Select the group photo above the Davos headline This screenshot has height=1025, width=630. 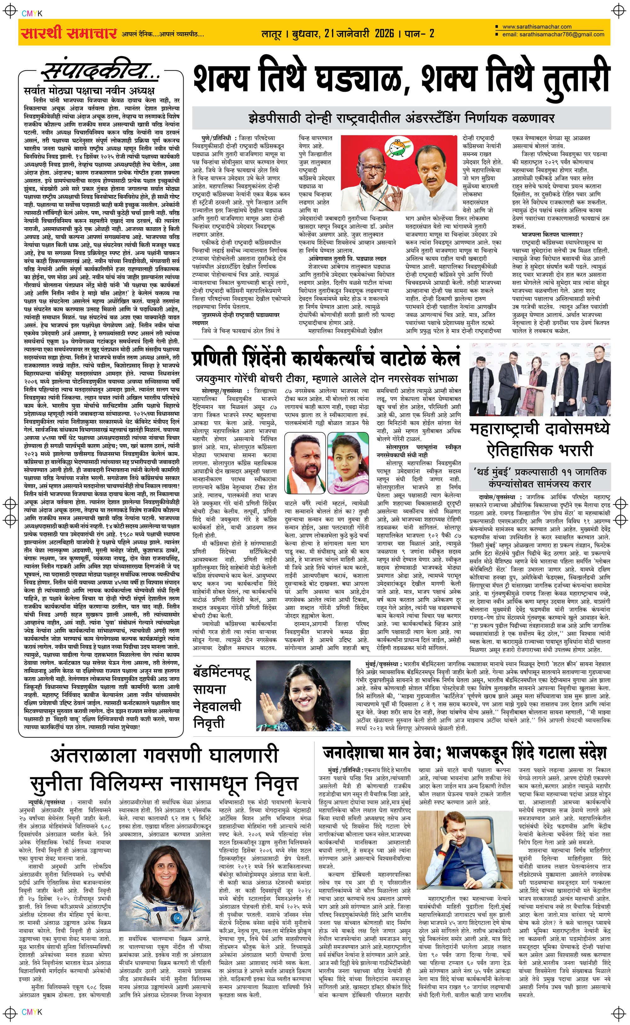[x=540, y=380]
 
